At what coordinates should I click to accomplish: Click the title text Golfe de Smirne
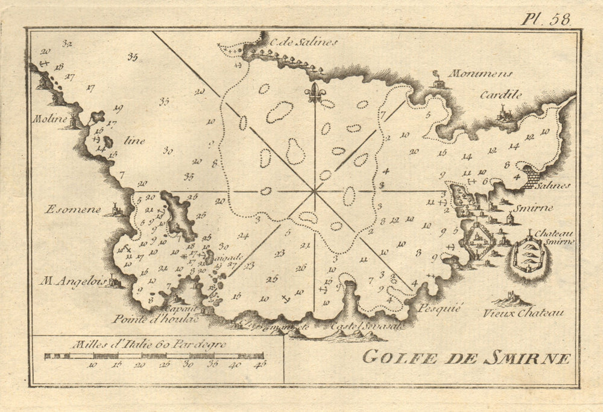pos(466,357)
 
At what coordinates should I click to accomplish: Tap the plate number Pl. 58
pos(546,19)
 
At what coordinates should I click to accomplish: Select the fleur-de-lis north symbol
pos(314,92)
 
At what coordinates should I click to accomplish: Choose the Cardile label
pos(500,95)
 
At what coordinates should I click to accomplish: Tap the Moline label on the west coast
pos(49,119)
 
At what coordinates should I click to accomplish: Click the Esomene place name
pos(63,210)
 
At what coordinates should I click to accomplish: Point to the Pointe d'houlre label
pos(154,319)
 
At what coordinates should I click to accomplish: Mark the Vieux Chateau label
pos(523,312)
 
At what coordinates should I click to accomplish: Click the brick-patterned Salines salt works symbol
pos(531,176)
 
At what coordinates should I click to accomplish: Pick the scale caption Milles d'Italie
pos(148,344)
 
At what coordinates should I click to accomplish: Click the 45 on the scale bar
pos(260,365)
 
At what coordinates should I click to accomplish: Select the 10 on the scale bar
pos(92,365)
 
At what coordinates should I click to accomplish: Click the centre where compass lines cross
pos(314,191)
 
